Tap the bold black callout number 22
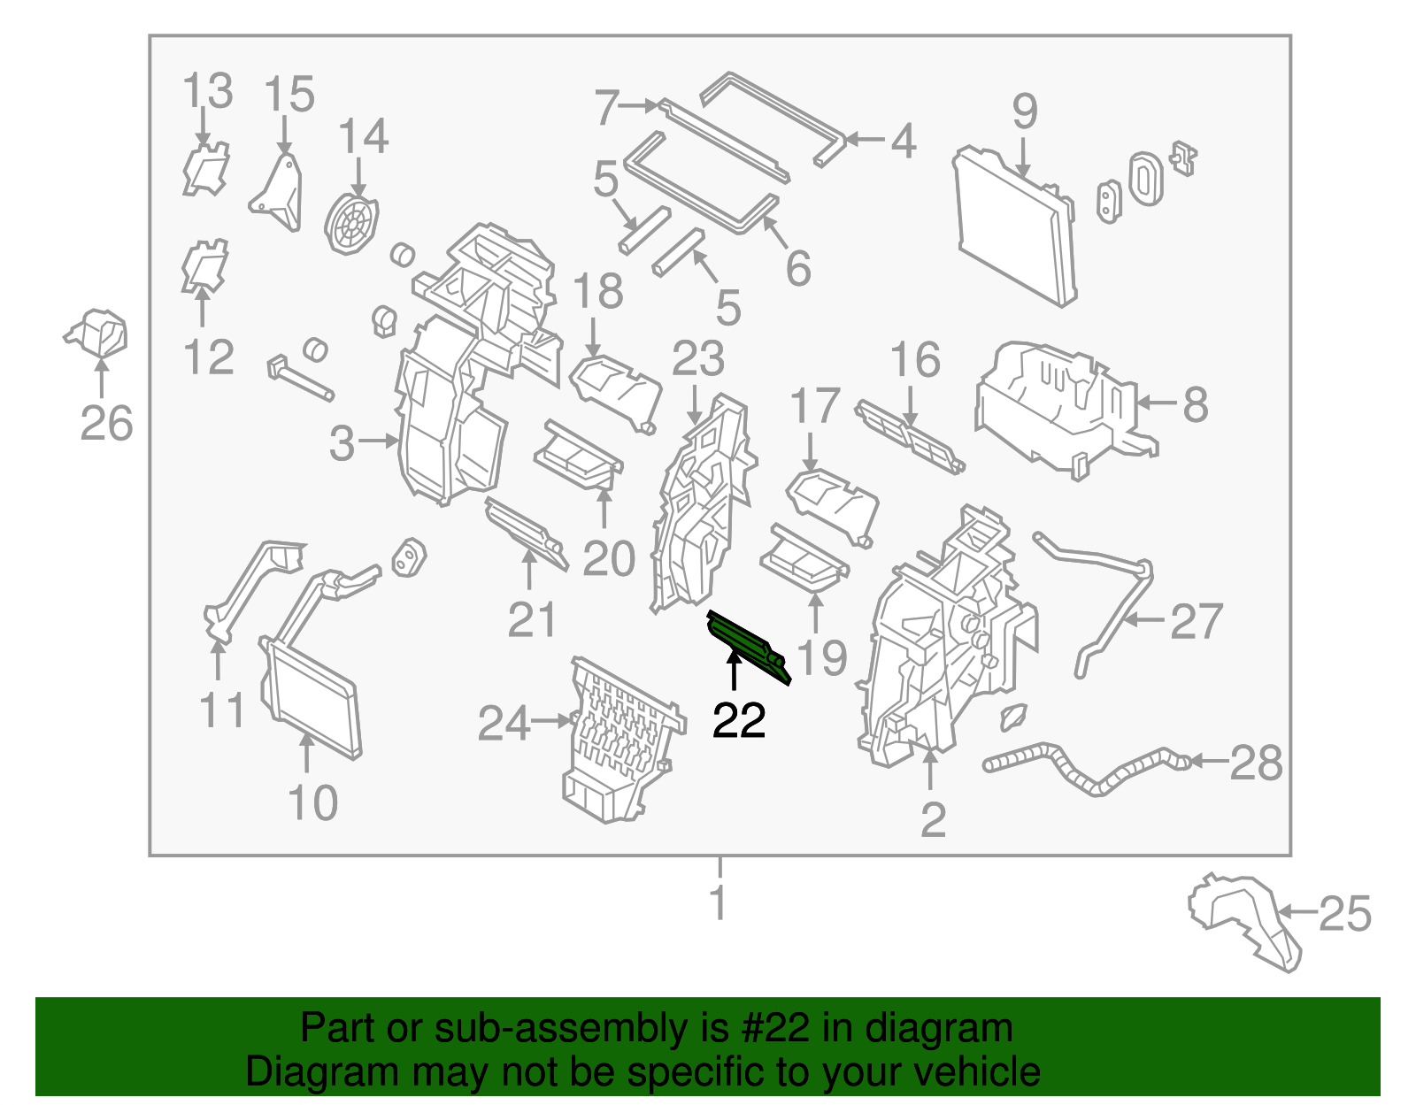(738, 720)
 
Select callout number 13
(207, 90)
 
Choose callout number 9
(1024, 111)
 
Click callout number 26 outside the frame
(106, 423)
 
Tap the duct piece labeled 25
(1243, 921)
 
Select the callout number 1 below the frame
(718, 902)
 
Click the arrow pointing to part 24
(551, 721)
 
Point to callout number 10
(312, 802)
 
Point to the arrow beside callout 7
(639, 104)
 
